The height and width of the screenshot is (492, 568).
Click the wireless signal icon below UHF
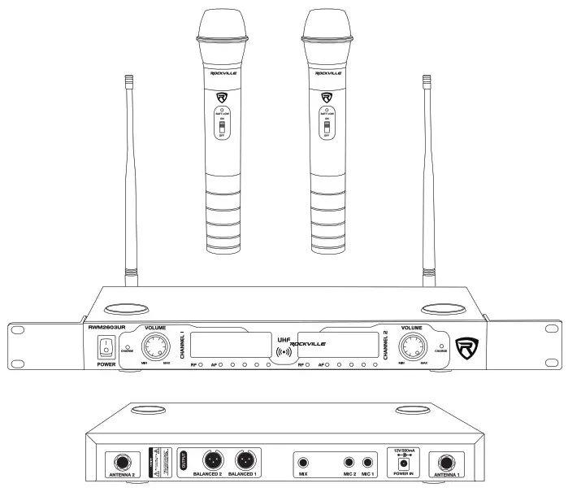click(x=284, y=353)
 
